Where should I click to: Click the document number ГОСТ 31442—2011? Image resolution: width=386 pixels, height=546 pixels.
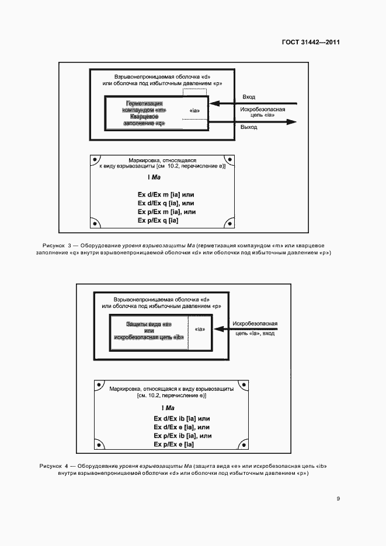311,43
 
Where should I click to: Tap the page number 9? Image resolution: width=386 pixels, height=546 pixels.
338,499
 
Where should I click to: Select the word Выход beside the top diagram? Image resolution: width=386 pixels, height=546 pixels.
249,127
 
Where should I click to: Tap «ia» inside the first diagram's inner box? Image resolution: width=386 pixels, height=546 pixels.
194,110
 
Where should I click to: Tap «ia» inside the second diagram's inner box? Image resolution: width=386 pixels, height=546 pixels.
199,330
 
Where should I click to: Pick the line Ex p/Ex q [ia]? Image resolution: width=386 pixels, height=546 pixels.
158,220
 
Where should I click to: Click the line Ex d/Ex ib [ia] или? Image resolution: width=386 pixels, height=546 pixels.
182,419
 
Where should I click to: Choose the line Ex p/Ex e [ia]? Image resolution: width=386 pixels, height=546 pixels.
174,444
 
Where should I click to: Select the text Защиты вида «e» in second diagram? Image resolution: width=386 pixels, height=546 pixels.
148,324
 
